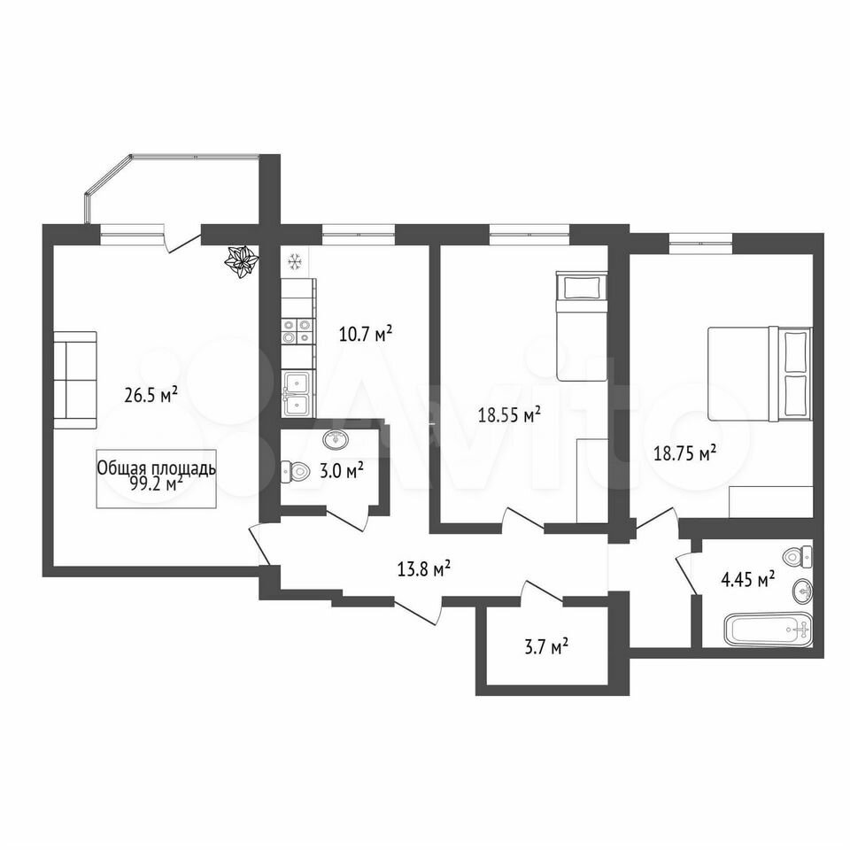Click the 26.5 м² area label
(151, 395)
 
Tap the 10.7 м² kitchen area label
(366, 334)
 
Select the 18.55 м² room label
(509, 414)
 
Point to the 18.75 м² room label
(685, 452)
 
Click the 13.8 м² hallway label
(424, 569)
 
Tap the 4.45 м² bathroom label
(747, 581)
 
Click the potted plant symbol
(241, 262)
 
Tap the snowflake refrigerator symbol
(294, 262)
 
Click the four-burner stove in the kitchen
(297, 331)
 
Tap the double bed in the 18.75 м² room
(760, 374)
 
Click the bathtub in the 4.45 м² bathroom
(769, 630)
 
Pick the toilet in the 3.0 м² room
(295, 473)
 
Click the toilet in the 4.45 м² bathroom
(798, 557)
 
